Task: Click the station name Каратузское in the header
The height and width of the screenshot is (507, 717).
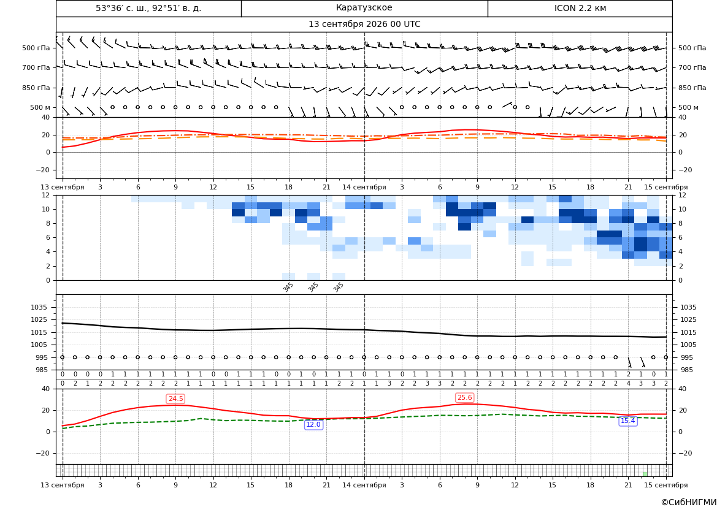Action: coord(364,8)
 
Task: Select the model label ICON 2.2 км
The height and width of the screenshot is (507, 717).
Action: coord(580,8)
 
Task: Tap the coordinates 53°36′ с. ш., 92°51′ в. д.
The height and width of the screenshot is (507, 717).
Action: coord(148,8)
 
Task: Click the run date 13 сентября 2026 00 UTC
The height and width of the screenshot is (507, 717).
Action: coord(364,25)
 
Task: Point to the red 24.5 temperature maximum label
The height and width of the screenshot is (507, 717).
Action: coord(175,398)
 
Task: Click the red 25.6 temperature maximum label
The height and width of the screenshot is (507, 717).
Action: coord(464,397)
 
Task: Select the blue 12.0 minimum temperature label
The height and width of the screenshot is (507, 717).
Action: coord(313,424)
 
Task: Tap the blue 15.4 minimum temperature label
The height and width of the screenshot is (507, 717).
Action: coord(628,421)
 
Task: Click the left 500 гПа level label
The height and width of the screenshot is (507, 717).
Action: coord(36,48)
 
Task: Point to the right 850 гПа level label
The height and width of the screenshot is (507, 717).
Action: coord(692,88)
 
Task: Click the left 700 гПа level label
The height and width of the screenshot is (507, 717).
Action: coord(36,67)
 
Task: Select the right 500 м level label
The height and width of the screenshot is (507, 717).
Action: coord(688,107)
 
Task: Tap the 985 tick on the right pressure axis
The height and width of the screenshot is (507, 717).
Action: coord(686,370)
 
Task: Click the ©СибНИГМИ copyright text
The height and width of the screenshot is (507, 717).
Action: coord(689,502)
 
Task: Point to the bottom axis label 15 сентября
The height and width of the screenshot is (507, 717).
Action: coord(666,485)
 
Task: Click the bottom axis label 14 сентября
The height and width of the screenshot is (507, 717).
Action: coord(364,485)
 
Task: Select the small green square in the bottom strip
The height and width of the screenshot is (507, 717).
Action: coord(645,474)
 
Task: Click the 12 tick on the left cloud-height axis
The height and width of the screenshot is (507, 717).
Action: coord(46,195)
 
